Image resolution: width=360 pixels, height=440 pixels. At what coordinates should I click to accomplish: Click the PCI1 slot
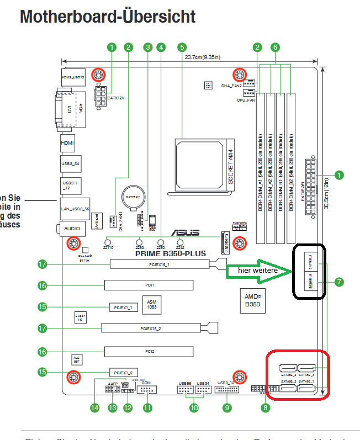tap(149, 285)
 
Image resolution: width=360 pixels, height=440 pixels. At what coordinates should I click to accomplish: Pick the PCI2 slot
tap(149, 351)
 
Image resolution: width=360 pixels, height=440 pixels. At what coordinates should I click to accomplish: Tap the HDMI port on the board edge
tap(67, 144)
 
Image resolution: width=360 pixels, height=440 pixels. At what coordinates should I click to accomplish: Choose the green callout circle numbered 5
tap(182, 47)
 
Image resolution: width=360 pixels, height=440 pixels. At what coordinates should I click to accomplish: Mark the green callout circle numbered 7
tap(339, 282)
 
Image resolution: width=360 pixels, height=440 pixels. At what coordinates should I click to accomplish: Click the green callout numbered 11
tap(147, 408)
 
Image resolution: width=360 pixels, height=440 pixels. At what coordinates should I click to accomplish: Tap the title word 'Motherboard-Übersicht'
tap(108, 17)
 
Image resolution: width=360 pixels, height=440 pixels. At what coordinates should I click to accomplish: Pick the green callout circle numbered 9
tap(227, 408)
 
